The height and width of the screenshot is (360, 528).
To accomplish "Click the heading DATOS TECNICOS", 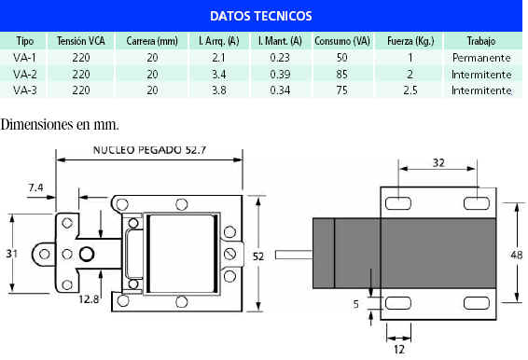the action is pyautogui.click(x=261, y=16).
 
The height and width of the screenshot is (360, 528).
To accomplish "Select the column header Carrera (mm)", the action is pyautogui.click(x=152, y=41).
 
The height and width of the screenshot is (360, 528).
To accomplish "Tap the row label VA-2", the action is pyautogui.click(x=24, y=74).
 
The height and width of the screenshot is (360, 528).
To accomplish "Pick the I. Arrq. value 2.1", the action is pyautogui.click(x=219, y=58).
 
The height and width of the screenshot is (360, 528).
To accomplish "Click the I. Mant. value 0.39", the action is pyautogui.click(x=280, y=74).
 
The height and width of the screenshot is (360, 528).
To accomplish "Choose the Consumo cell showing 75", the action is pyautogui.click(x=341, y=90).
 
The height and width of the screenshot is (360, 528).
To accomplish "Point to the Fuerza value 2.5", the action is pyautogui.click(x=410, y=90).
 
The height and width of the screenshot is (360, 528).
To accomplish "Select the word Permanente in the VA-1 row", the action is pyautogui.click(x=481, y=58).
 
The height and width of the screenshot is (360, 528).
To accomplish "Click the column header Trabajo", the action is pyautogui.click(x=481, y=41).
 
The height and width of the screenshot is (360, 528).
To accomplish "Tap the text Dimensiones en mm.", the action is pyautogui.click(x=60, y=125).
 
